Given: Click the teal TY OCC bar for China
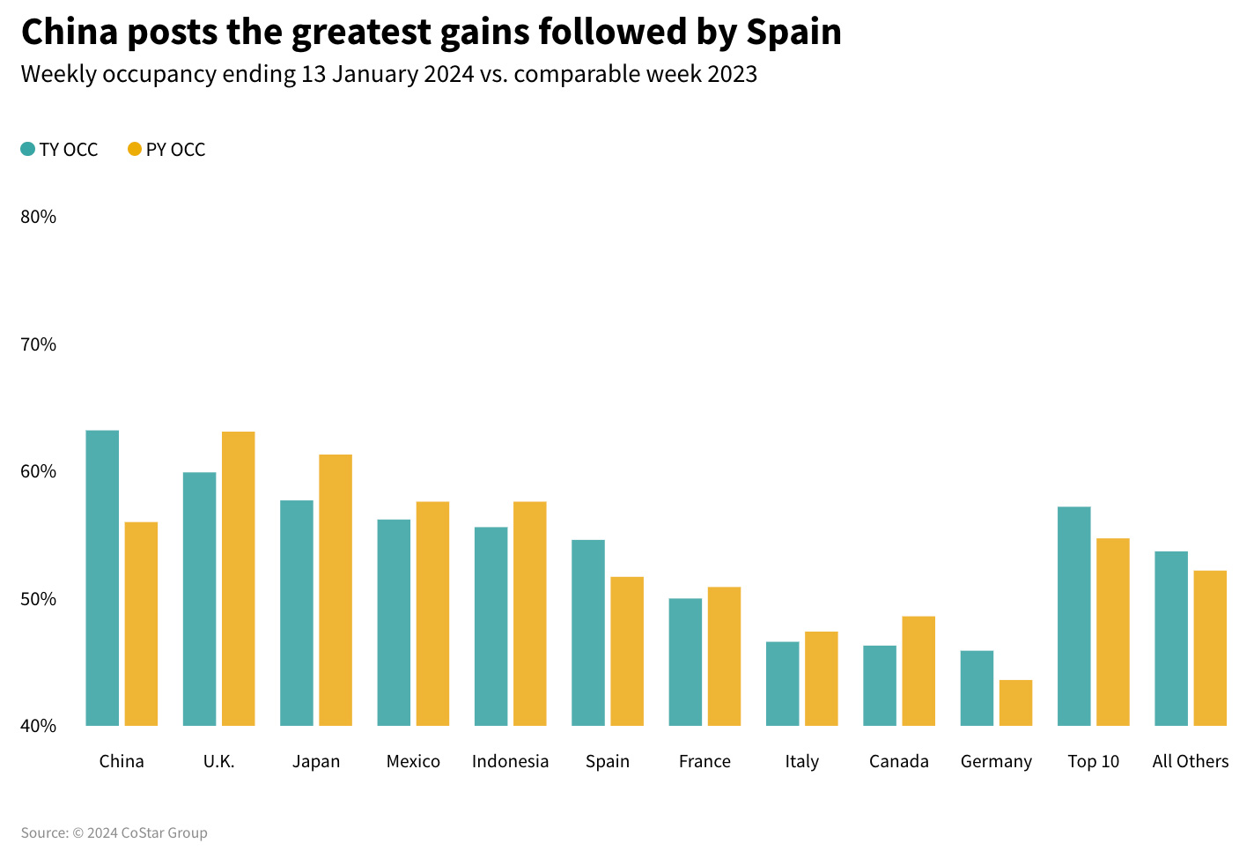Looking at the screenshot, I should [x=102, y=578].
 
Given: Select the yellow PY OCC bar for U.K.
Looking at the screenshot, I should [x=238, y=579].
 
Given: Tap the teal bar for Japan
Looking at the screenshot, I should [x=297, y=613].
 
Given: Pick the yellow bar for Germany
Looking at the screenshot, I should [x=1015, y=703].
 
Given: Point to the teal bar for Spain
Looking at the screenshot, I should [x=588, y=632].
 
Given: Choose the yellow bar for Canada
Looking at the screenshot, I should [x=918, y=671].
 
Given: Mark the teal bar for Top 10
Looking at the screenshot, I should [x=1073, y=616].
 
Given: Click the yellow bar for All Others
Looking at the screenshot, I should [x=1210, y=648].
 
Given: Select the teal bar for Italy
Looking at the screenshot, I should [x=783, y=684].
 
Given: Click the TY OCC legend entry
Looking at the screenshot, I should [x=60, y=150].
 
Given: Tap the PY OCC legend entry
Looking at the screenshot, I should [x=166, y=150].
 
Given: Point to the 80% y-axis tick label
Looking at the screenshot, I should [x=38, y=217].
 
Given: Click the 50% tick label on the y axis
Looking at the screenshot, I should [x=38, y=599].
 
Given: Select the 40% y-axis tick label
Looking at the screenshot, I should [x=38, y=726].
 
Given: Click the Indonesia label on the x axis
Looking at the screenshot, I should [x=510, y=761].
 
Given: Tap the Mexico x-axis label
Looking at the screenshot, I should [x=413, y=761].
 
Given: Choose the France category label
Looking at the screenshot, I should [x=704, y=761].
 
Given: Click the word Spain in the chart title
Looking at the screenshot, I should [x=793, y=32].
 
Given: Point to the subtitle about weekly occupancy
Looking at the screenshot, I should [x=388, y=74].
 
